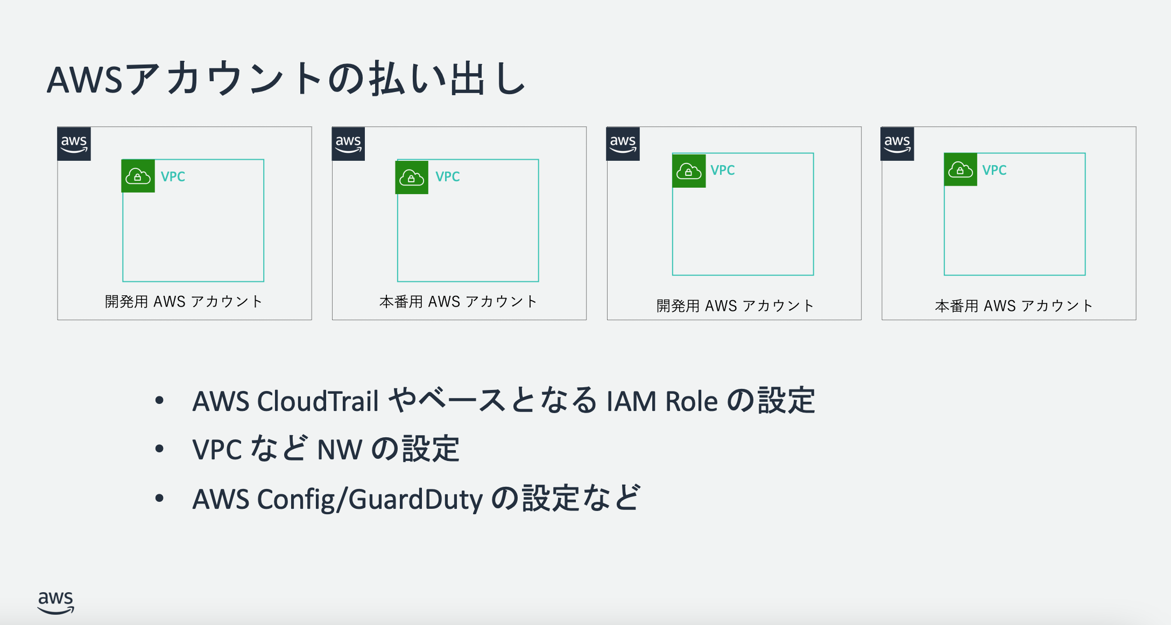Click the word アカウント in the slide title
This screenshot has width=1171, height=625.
[x=224, y=79]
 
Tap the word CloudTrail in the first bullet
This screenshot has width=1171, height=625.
[x=318, y=401]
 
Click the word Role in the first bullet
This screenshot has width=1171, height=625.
[x=692, y=401]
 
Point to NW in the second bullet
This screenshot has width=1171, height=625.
[x=340, y=450]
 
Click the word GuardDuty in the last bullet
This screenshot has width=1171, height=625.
[x=415, y=499]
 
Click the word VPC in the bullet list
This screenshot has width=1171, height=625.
[x=217, y=450]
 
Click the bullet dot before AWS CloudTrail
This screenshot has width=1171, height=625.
[x=159, y=400]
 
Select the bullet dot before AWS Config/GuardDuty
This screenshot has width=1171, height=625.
[x=159, y=498]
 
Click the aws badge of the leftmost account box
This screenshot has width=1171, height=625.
[x=74, y=144]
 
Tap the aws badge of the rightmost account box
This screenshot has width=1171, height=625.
[x=897, y=144]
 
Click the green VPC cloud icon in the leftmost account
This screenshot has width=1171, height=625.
[x=138, y=176]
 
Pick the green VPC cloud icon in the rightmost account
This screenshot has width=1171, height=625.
[x=961, y=170]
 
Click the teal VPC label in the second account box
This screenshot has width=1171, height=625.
[x=448, y=176]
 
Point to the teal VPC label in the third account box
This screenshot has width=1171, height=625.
[x=723, y=170]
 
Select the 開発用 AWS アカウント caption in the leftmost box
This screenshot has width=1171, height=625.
[x=184, y=301]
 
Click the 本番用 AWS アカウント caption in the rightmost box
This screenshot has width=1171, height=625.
[x=1014, y=306]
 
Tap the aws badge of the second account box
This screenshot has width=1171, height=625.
[x=348, y=144]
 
